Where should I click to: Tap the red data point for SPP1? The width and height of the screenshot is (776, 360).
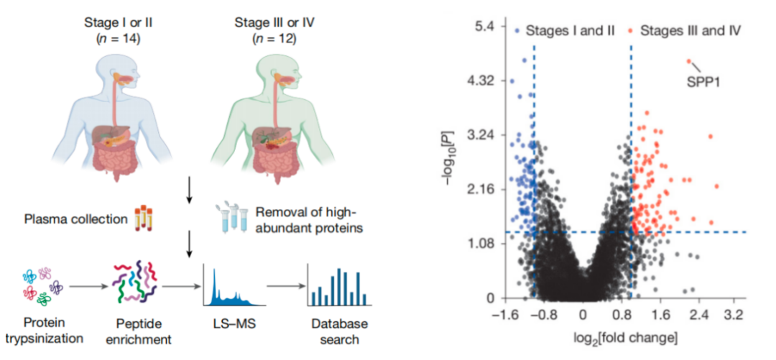[688, 62]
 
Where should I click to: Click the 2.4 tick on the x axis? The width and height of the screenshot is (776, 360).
[694, 315]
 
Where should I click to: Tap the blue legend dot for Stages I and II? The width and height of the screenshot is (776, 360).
[517, 31]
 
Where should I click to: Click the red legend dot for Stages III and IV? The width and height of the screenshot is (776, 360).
[630, 31]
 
